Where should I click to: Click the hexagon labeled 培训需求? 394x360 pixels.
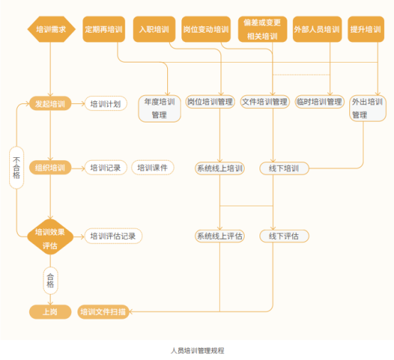pos(51,29)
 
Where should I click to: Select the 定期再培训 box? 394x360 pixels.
pos(104,29)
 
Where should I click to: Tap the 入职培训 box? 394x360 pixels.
pos(154,29)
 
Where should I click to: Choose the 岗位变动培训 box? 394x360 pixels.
pos(206,29)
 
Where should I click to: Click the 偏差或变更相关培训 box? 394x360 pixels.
pos(262,29)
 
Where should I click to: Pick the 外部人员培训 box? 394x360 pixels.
pos(317,29)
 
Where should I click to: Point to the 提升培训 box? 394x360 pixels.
pos(366,29)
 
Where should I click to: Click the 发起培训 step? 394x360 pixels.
pos(50,103)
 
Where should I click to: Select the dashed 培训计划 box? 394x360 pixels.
pos(106,103)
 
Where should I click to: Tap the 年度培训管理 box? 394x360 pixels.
pos(159,109)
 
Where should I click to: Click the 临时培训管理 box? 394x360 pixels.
pos(319,102)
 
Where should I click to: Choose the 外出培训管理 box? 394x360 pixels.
pos(368,108)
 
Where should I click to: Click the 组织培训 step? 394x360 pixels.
pos(50,167)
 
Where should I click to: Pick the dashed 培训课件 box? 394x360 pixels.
pos(153,167)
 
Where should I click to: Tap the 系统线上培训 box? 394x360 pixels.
pos(220,168)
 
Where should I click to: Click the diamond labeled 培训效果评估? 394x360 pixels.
pos(50,237)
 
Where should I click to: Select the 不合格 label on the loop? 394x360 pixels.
pos(16,168)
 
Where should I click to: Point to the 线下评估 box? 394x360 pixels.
pos(284,236)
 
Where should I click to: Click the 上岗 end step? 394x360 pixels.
pos(50,312)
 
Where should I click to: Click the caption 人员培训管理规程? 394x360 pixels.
pos(198,351)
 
